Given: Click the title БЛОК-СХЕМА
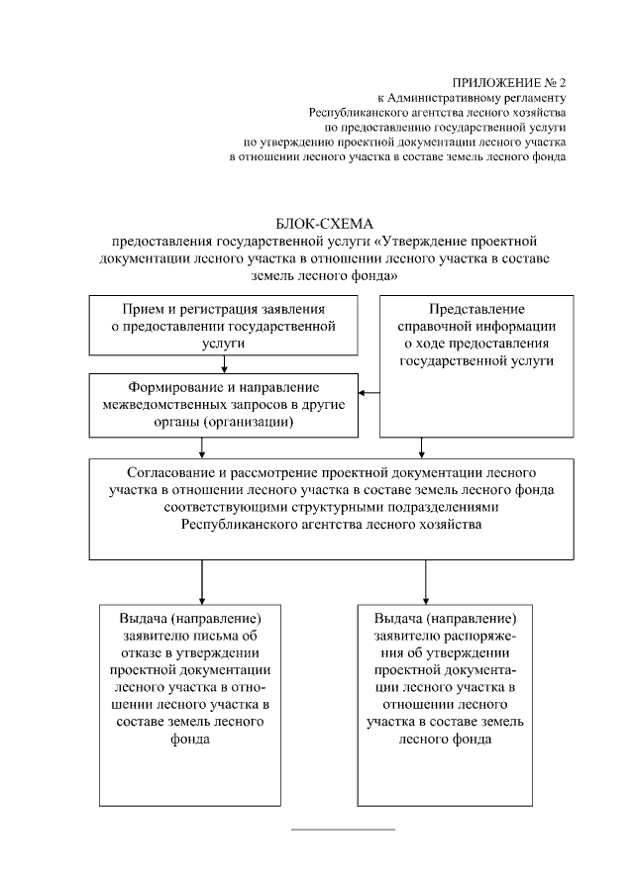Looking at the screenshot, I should point(317,225).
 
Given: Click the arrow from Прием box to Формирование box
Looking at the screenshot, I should point(225,363).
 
